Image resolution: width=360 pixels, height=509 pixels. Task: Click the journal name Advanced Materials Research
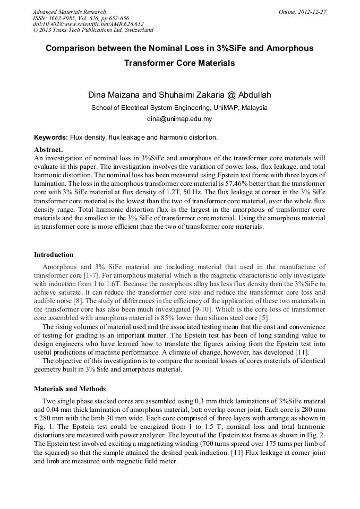[x=69, y=12]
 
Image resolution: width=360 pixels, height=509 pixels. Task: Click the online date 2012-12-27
[x=313, y=12]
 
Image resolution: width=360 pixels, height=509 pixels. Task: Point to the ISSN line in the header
[x=81, y=18]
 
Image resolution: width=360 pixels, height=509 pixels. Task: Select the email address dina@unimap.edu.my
[x=179, y=119]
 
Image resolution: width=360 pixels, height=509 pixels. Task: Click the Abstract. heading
[x=48, y=150]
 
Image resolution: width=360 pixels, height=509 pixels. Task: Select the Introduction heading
[x=54, y=255]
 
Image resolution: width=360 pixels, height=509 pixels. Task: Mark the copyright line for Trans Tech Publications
[x=93, y=30]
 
